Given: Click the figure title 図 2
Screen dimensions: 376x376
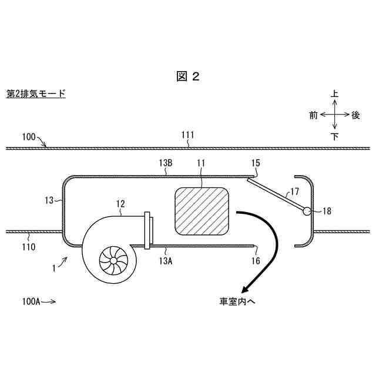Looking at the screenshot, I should [x=188, y=76].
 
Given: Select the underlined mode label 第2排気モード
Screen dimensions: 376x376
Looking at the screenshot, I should [x=36, y=93].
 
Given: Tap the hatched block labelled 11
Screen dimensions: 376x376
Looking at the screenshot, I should [x=202, y=210].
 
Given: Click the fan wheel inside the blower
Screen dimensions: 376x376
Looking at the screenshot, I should [x=110, y=257].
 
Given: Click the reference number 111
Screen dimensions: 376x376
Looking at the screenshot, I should [x=187, y=136].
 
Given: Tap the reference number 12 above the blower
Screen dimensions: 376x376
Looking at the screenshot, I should [x=120, y=204].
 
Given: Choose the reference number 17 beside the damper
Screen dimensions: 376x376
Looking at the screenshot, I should [x=294, y=190].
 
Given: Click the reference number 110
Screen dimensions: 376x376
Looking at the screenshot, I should [x=29, y=247].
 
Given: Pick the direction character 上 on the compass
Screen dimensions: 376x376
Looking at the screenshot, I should [x=334, y=94].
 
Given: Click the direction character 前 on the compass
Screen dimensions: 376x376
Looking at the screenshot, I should [x=313, y=115].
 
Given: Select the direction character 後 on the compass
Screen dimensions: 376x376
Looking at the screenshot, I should [x=355, y=115].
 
